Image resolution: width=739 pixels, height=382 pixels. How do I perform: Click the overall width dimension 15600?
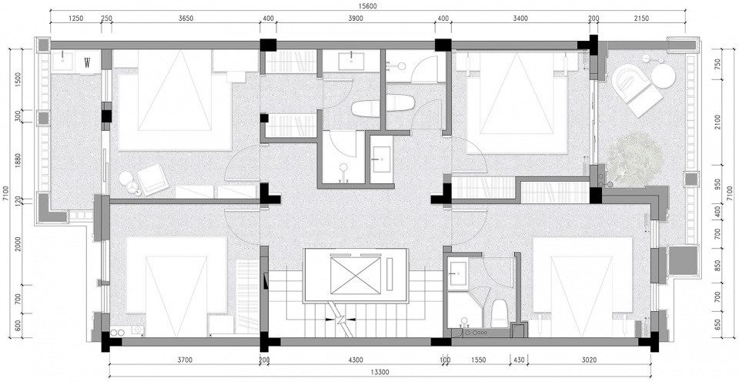point(368,6)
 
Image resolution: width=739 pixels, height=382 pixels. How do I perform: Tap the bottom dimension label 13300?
point(380,372)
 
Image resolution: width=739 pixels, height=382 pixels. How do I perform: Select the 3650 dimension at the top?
point(186,18)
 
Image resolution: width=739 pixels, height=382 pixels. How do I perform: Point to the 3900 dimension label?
point(356,18)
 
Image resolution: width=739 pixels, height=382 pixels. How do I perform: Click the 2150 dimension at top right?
point(641,18)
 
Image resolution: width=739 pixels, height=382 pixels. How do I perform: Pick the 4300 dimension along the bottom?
point(356,360)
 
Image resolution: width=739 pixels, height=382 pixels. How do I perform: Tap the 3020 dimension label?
point(589,360)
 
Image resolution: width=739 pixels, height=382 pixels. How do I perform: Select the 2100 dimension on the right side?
point(717,122)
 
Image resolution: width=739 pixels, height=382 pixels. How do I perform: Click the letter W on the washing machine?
point(87,62)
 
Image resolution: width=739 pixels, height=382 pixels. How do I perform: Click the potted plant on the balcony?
point(630,159)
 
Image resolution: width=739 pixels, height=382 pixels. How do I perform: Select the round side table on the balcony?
point(663,75)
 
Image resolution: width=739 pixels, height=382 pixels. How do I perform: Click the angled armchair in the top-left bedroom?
point(152,179)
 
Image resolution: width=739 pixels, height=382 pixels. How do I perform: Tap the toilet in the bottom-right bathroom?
point(498,312)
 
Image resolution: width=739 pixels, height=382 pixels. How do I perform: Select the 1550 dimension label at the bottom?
point(478,360)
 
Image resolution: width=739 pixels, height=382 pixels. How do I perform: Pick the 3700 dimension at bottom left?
point(185,360)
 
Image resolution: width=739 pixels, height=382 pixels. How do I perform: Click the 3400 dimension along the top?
point(520,18)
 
